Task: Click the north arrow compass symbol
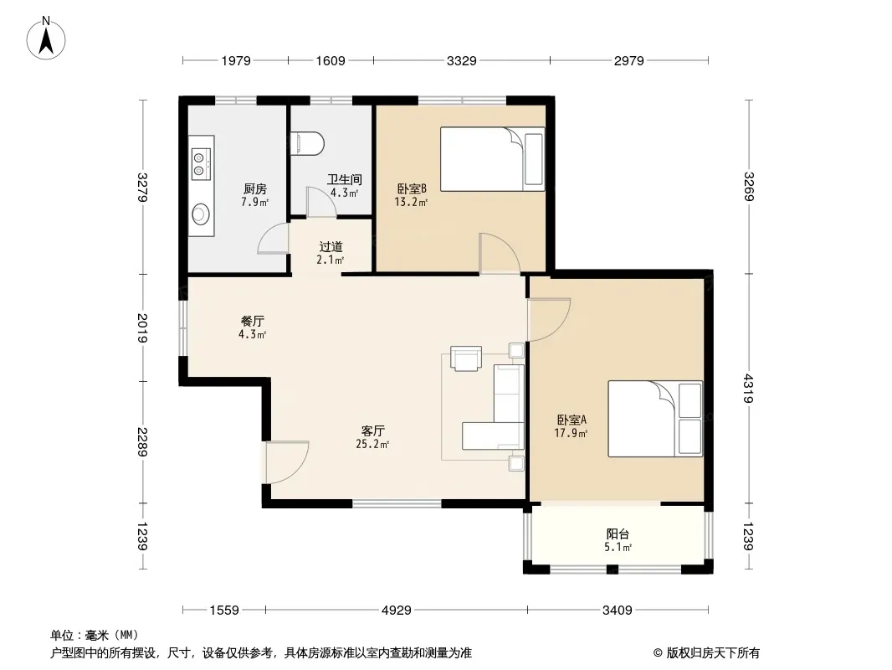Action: pyautogui.click(x=46, y=38)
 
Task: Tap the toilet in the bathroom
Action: pyautogui.click(x=306, y=144)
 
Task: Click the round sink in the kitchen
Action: pyautogui.click(x=200, y=214)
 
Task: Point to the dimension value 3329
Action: pyautogui.click(x=461, y=60)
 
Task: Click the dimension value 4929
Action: pyautogui.click(x=397, y=611)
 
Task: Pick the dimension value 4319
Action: pyautogui.click(x=749, y=389)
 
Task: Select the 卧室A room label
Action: pyautogui.click(x=572, y=420)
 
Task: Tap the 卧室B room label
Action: pyautogui.click(x=412, y=188)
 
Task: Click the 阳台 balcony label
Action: pyautogui.click(x=618, y=534)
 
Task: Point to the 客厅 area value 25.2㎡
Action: pyautogui.click(x=372, y=444)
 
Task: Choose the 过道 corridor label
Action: pyautogui.click(x=331, y=246)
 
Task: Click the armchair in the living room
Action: pyautogui.click(x=466, y=358)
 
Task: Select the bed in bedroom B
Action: pyautogui.click(x=492, y=159)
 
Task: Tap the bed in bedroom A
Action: pyautogui.click(x=655, y=419)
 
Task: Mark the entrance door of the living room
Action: pyautogui.click(x=287, y=462)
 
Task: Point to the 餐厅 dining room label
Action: pyautogui.click(x=253, y=321)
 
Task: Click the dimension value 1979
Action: pyautogui.click(x=236, y=60)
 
